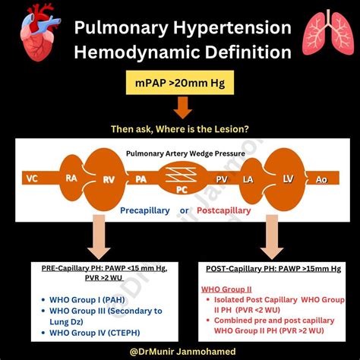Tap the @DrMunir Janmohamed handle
pos(180,349)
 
